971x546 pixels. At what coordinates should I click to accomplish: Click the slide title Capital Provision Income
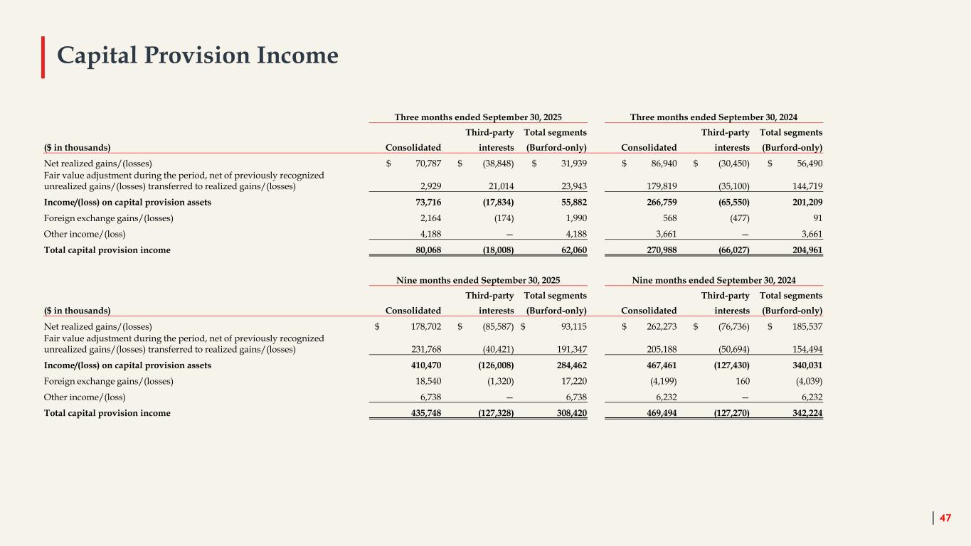198,55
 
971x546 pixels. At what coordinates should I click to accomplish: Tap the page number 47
945,518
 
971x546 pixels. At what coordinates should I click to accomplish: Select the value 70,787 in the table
425,164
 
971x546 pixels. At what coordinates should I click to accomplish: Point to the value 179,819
660,186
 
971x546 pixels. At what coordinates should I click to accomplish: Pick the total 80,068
425,250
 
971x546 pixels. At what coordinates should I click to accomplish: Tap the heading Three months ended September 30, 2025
481,117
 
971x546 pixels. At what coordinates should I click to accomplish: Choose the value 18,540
426,381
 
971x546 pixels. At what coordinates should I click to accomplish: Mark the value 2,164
428,218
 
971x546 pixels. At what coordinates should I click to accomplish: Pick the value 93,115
570,327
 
